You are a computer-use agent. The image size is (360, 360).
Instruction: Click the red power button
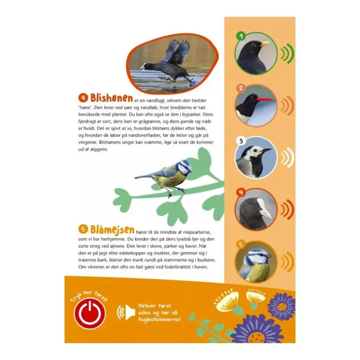tap(90, 313)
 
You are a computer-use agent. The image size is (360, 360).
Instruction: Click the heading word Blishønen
tap(112, 98)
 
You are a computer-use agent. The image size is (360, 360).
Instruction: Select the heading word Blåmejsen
tap(112, 229)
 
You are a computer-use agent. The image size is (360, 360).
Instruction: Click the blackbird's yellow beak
tap(265, 44)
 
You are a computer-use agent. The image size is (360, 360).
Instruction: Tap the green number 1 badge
tap(241, 36)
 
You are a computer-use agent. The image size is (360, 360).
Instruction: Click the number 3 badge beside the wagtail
tap(241, 141)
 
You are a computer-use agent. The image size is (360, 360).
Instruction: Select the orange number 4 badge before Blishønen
tap(83, 98)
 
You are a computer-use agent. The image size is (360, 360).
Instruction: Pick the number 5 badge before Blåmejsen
tap(83, 229)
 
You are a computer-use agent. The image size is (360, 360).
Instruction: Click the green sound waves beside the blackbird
tap(288, 54)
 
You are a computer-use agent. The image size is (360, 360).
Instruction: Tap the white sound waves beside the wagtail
tap(288, 157)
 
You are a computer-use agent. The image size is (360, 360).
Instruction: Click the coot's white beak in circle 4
tap(265, 209)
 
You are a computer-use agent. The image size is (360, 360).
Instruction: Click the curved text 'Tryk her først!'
tap(89, 296)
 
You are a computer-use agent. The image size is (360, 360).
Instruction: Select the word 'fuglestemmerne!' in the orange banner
tap(160, 319)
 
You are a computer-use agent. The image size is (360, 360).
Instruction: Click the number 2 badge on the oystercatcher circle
tap(241, 88)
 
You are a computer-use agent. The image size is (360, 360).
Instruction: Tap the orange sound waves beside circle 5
tap(288, 262)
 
